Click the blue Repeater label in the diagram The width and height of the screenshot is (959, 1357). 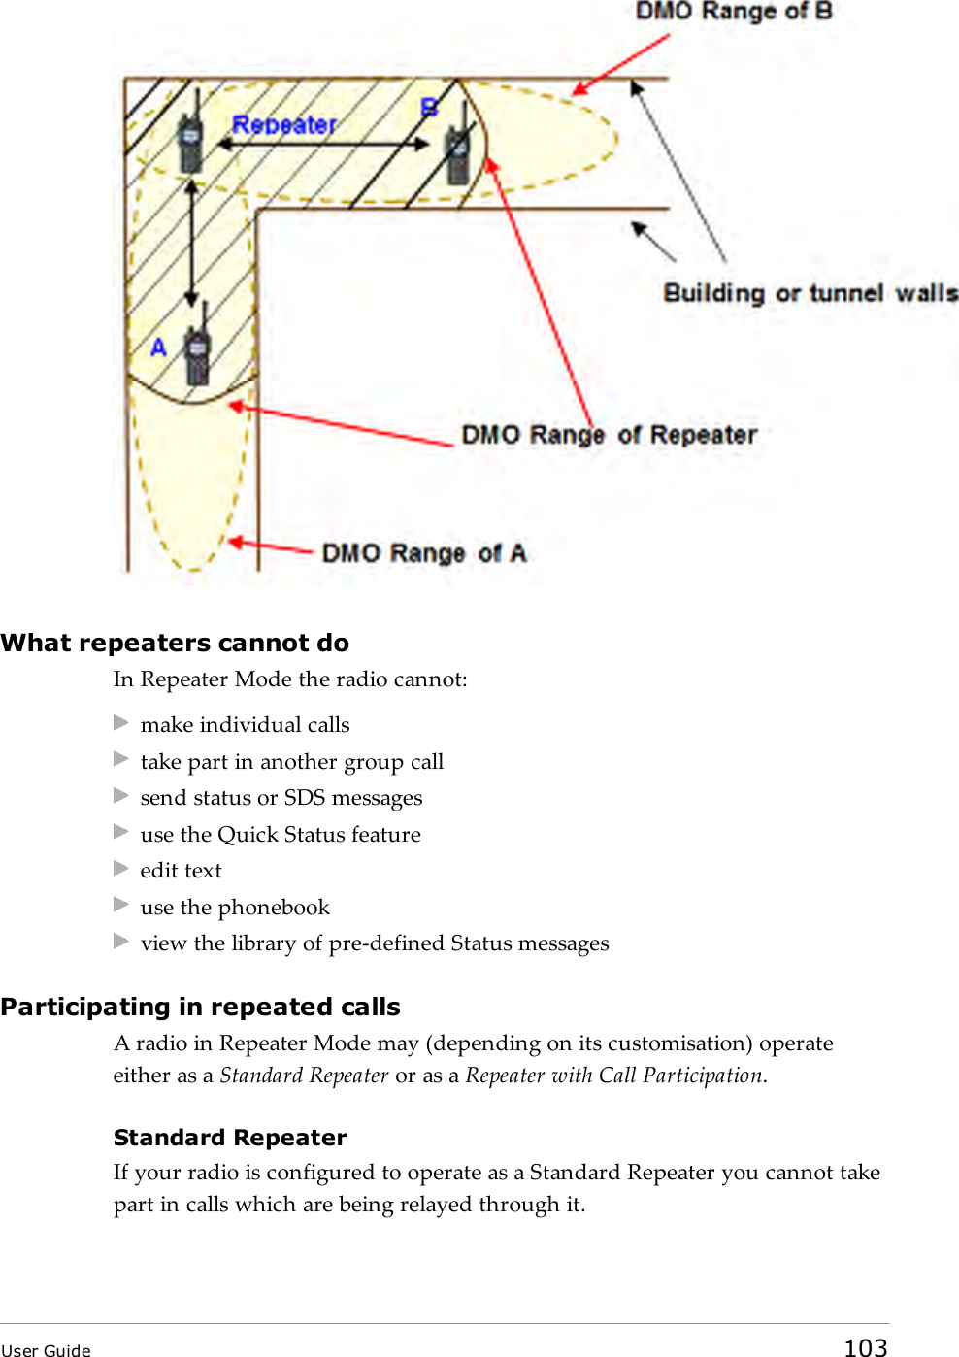click(x=283, y=125)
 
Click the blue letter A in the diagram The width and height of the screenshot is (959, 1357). click(x=159, y=348)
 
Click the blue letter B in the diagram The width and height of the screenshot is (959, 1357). click(x=429, y=108)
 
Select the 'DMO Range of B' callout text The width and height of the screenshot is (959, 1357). click(x=734, y=12)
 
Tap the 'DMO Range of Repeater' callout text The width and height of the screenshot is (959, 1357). click(x=609, y=435)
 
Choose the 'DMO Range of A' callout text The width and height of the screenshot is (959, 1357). click(x=423, y=553)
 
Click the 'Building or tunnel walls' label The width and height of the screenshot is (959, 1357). click(x=810, y=293)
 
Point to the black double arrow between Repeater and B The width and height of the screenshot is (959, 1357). click(x=322, y=145)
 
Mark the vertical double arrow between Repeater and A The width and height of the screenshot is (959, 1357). click(x=192, y=243)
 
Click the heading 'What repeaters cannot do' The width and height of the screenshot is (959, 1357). click(x=175, y=644)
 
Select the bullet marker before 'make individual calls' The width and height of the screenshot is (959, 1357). click(x=121, y=723)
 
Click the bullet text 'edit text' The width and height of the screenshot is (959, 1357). click(x=181, y=871)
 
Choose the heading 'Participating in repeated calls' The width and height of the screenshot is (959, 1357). click(x=200, y=1008)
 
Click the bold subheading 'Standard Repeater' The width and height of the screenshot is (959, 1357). click(x=230, y=1138)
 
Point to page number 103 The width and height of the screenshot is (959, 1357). click(x=865, y=1347)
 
